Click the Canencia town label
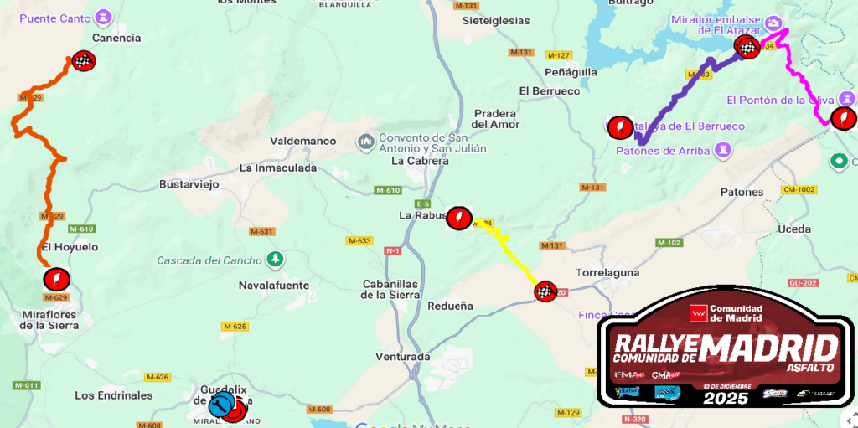pyautogui.click(x=116, y=38)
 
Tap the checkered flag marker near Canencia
pyautogui.click(x=83, y=60)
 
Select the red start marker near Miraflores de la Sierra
pyautogui.click(x=56, y=278)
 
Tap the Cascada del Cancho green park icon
pyautogui.click(x=273, y=259)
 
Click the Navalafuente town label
pyautogui.click(x=274, y=286)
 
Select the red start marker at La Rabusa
pyautogui.click(x=458, y=219)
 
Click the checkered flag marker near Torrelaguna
pyautogui.click(x=545, y=291)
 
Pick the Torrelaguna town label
pyautogui.click(x=608, y=273)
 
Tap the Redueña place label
pyautogui.click(x=450, y=307)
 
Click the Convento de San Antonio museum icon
pyautogui.click(x=366, y=143)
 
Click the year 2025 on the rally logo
pyautogui.click(x=726, y=399)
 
